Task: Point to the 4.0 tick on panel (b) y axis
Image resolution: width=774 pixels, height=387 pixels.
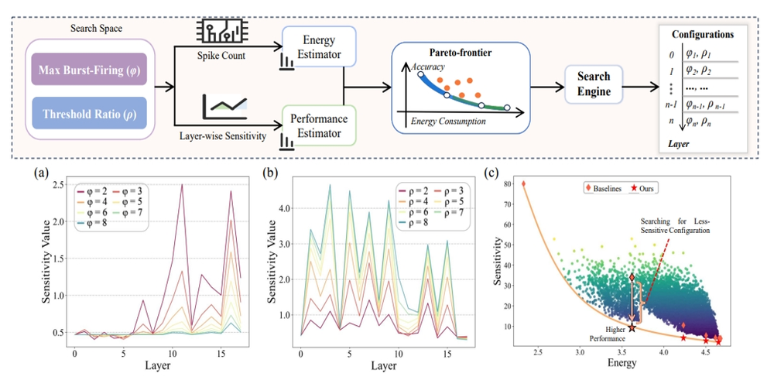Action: click(x=291, y=207)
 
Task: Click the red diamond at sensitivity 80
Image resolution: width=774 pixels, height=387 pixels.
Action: click(x=523, y=184)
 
